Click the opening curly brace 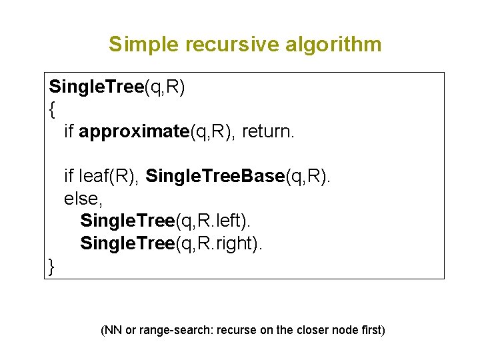pyautogui.click(x=52, y=109)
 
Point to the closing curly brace pyautogui.click(x=52, y=267)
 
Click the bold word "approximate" pyautogui.click(x=134, y=132)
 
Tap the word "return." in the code pyautogui.click(x=267, y=132)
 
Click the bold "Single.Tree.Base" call pyautogui.click(x=215, y=177)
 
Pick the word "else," pyautogui.click(x=81, y=199)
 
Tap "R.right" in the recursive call pyautogui.click(x=222, y=244)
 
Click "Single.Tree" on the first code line pyautogui.click(x=97, y=87)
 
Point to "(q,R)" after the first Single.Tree pyautogui.click(x=165, y=87)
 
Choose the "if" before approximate pyautogui.click(x=69, y=132)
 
